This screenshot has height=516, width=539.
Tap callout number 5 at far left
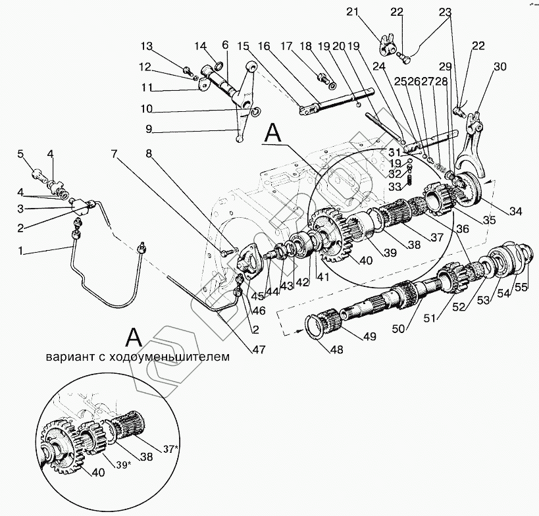point(20,154)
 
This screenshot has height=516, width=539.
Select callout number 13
point(146,46)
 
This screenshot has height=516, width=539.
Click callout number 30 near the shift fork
point(500,66)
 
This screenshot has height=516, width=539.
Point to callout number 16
point(264,46)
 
